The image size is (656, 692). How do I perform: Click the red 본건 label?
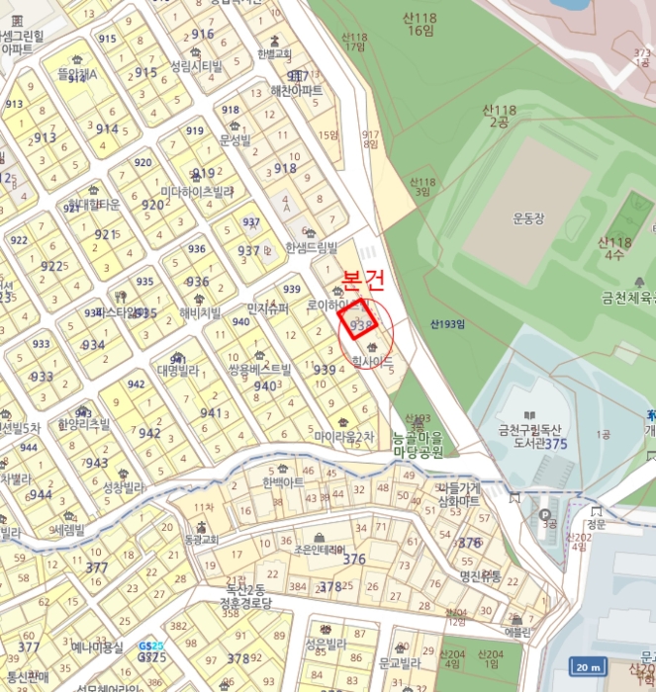(x=362, y=280)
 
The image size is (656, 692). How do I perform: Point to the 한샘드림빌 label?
(x=311, y=248)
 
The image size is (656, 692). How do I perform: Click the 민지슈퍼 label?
(x=268, y=308)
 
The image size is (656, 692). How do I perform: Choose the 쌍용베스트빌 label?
(x=259, y=370)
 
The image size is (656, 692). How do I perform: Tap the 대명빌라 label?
(x=177, y=372)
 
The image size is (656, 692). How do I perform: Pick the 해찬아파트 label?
(x=296, y=90)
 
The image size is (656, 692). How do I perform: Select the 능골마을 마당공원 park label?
(x=418, y=445)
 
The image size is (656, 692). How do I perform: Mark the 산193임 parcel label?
(x=447, y=323)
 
